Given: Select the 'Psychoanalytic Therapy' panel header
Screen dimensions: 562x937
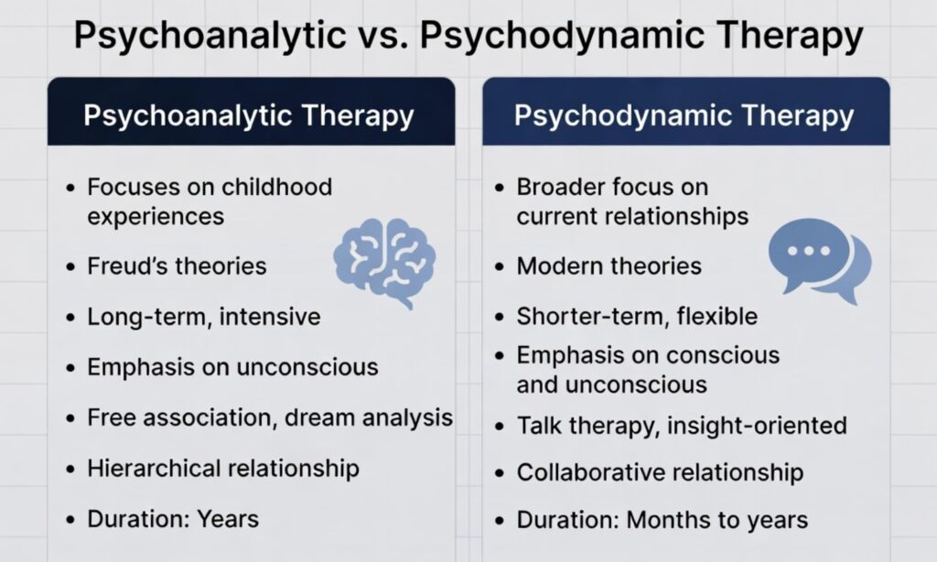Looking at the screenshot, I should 249,116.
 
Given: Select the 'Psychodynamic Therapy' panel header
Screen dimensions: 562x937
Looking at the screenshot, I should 684,116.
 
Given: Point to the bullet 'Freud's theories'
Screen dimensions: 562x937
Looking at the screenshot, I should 177,266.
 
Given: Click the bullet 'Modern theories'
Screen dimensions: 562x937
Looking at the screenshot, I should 609,266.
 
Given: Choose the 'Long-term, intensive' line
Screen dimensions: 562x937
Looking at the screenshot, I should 203,317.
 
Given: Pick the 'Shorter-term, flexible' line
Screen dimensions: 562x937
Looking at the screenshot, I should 637,317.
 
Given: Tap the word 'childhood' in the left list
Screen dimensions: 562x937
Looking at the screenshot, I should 275,187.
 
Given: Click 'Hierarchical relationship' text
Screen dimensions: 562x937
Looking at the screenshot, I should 222,469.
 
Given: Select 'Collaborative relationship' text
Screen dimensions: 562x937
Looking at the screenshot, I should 660,472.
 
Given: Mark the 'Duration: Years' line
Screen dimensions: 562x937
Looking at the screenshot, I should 173,519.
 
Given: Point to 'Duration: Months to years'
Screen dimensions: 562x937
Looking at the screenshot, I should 662,521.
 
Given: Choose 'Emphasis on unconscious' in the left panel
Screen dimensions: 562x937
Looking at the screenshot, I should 232,367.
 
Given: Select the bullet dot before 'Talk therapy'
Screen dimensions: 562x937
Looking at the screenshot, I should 499,426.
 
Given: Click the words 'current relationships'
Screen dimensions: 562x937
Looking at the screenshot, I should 632,217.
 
